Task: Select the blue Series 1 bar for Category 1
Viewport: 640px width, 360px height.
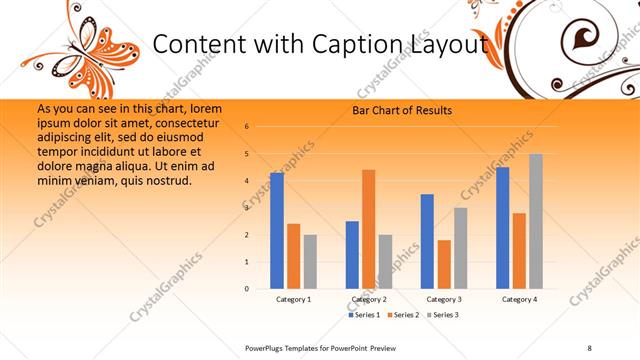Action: tap(277, 230)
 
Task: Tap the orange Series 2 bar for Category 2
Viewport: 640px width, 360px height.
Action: tap(369, 229)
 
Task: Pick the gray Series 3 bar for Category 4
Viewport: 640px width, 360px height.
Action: tap(536, 221)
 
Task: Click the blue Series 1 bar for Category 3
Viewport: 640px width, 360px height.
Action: tap(427, 241)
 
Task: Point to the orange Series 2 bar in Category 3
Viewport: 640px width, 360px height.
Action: tap(444, 264)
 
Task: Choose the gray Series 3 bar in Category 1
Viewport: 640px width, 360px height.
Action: tap(310, 261)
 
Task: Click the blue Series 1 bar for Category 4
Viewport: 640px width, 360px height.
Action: tap(503, 227)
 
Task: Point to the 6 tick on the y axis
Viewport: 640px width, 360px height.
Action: tap(247, 127)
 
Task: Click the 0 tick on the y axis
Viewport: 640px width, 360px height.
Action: tap(247, 289)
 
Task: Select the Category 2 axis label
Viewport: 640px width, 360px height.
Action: tap(369, 299)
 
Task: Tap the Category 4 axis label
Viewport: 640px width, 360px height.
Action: tap(519, 299)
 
